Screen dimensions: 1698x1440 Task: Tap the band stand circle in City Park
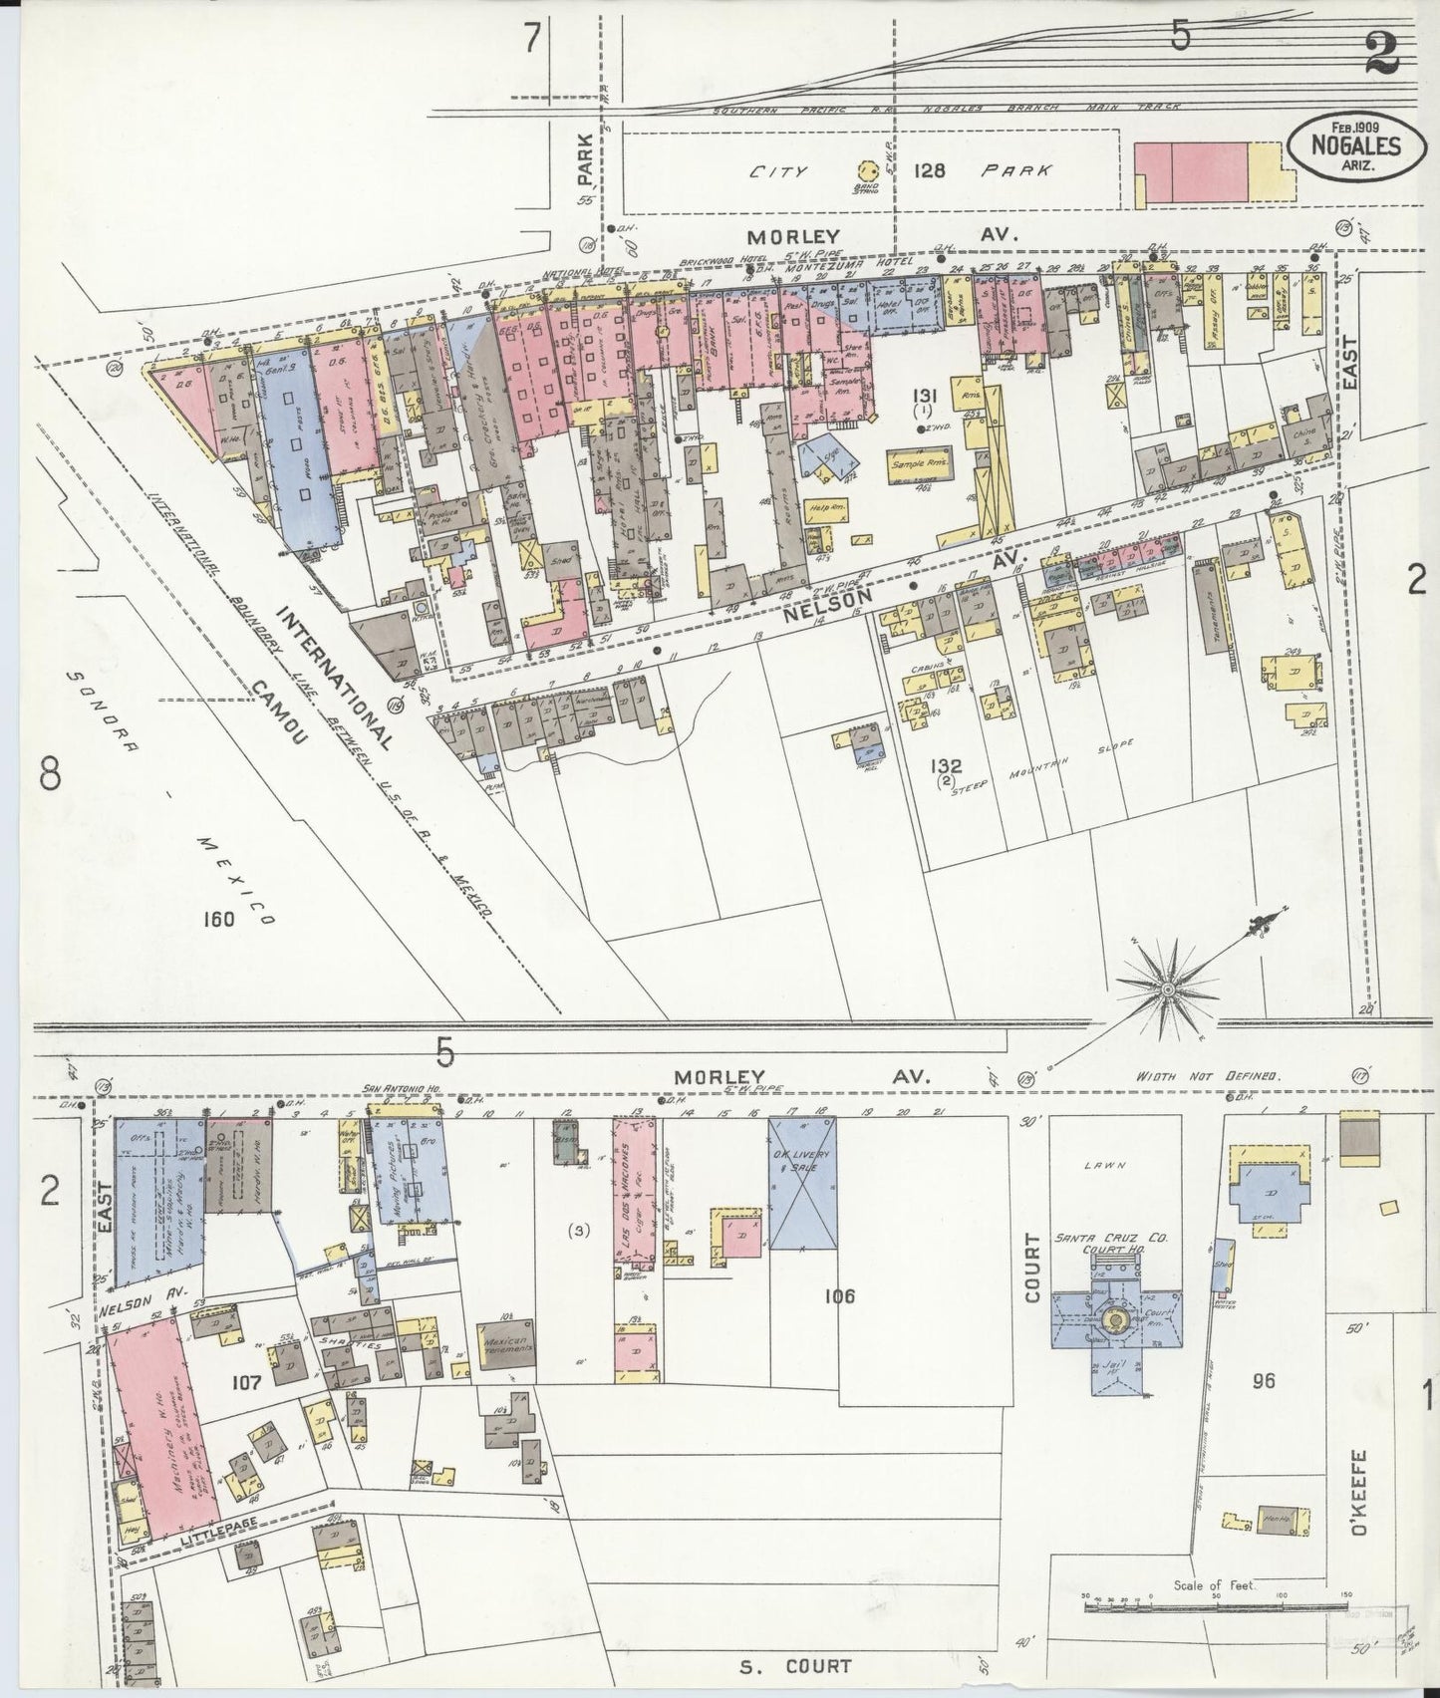click(x=863, y=171)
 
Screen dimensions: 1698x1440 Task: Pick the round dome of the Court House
click(x=1114, y=1321)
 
